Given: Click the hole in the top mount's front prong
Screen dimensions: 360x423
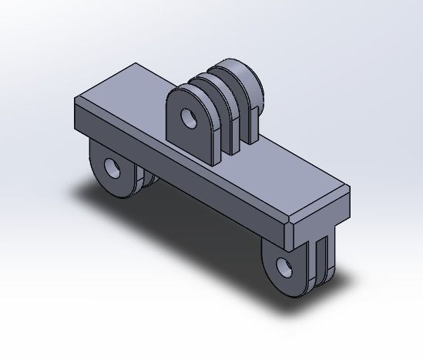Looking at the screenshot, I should pyautogui.click(x=186, y=117).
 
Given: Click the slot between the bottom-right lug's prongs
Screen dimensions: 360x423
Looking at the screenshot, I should pyautogui.click(x=317, y=262).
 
